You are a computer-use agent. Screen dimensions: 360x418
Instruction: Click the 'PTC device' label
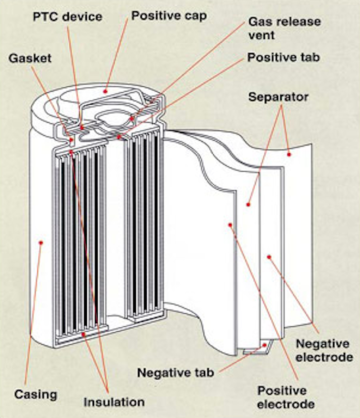tap(67, 17)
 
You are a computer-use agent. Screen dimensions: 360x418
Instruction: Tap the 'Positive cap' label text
tap(169, 16)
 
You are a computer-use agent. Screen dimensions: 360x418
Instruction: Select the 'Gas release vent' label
tap(284, 28)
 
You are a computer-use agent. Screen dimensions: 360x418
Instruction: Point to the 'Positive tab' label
tap(283, 58)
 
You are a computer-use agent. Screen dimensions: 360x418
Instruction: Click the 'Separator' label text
tap(279, 97)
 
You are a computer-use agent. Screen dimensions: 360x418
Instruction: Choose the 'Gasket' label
tap(30, 58)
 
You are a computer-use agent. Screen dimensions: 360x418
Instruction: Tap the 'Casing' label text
tap(36, 395)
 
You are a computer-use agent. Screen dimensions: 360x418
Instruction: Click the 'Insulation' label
tap(114, 402)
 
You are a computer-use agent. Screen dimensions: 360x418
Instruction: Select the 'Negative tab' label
tap(175, 373)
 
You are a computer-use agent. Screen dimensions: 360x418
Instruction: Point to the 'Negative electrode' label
tap(324, 350)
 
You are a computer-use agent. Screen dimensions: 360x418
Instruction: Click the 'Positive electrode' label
tap(286, 397)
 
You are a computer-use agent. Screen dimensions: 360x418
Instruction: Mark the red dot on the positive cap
tap(105, 91)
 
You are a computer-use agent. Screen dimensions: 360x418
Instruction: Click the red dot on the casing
tap(41, 243)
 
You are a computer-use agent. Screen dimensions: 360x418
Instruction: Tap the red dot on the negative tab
tap(265, 345)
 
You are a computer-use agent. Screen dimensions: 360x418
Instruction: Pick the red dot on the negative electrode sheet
tap(269, 257)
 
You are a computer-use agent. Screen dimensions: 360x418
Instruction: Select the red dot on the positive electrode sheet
tap(230, 225)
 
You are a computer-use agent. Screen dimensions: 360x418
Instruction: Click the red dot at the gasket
tap(71, 140)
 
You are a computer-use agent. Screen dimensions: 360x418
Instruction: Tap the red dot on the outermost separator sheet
tap(289, 154)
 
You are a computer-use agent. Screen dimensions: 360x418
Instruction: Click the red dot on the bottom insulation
tap(83, 334)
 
